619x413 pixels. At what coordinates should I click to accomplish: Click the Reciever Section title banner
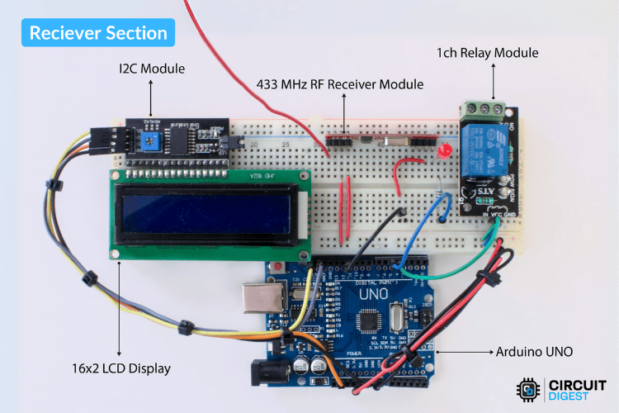[x=98, y=33]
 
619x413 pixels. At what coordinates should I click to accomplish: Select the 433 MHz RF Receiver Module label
[x=339, y=84]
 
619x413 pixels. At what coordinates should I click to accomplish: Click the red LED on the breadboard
[x=444, y=153]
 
